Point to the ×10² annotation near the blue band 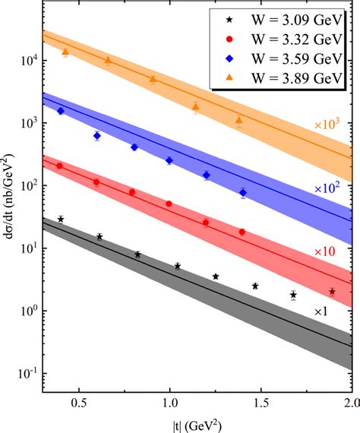tap(328, 186)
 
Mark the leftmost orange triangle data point tap(65, 52)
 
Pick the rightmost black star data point tap(332, 292)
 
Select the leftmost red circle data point tap(59, 166)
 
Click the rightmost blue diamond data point tap(243, 193)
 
